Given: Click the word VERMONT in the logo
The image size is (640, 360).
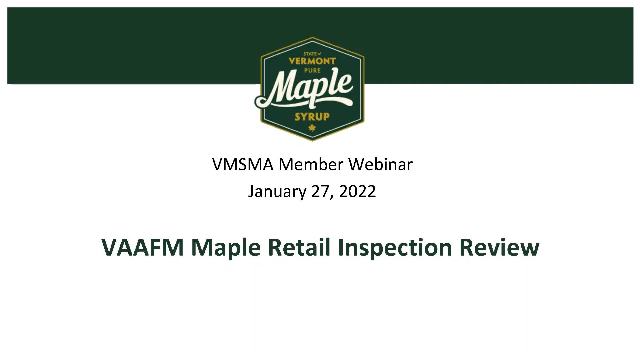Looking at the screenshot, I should (x=312, y=61).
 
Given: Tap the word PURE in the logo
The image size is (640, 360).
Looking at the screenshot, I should (x=312, y=70).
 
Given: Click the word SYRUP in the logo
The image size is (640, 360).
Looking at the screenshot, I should (x=312, y=117).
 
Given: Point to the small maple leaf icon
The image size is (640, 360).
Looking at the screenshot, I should (x=312, y=128).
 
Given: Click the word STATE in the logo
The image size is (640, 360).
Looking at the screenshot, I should (x=310, y=54).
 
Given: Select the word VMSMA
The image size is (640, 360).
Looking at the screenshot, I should (x=242, y=164).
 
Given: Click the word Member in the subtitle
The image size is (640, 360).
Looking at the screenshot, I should (x=311, y=164).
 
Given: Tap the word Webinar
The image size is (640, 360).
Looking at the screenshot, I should (x=380, y=164).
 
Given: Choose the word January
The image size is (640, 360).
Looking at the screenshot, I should (x=277, y=192).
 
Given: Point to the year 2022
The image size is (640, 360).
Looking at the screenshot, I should (x=357, y=191).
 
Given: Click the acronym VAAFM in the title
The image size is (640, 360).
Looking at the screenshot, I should (x=142, y=247).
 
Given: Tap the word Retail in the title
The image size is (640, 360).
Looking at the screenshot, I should (x=299, y=247).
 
